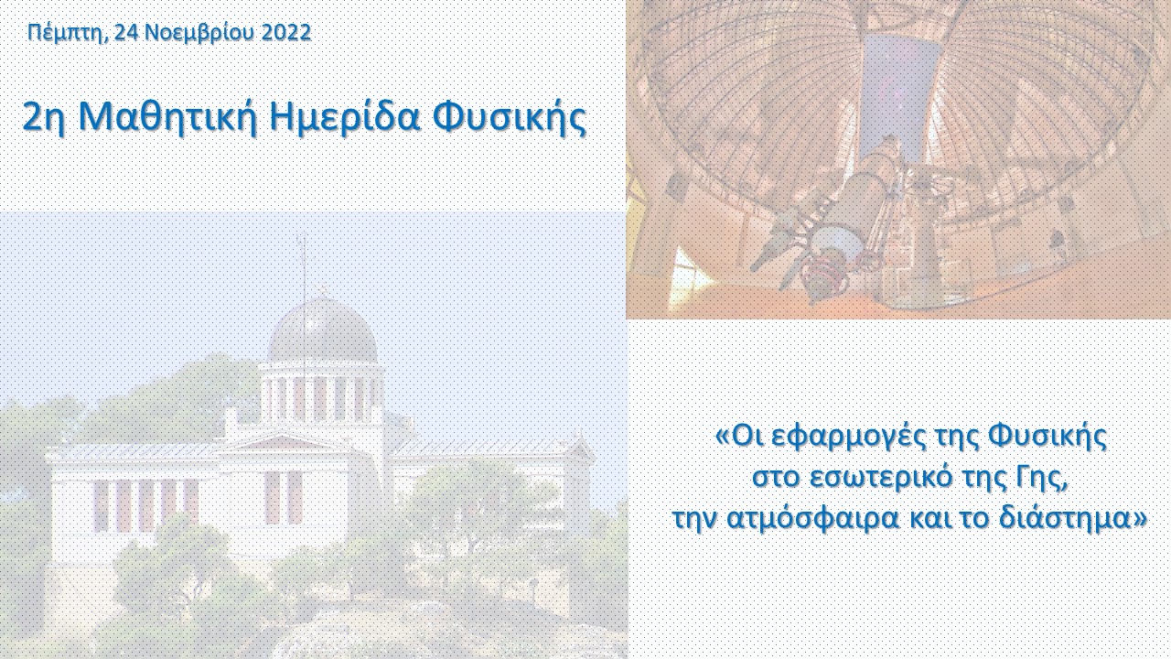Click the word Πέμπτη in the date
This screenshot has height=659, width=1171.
coord(69,33)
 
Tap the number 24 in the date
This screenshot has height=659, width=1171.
coord(126,32)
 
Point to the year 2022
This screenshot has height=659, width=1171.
coord(286,32)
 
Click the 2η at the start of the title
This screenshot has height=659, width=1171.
coord(46,118)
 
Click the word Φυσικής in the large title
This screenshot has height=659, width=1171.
coord(510,118)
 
